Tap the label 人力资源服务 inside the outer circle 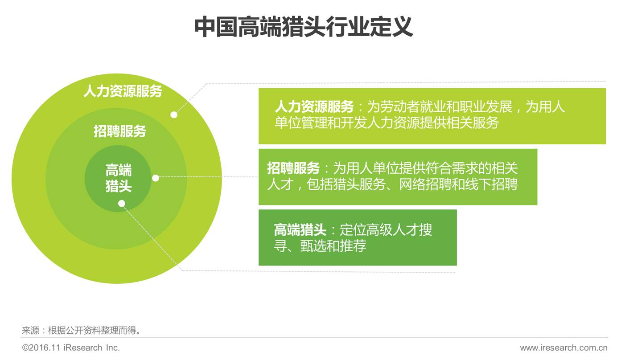pos(123,91)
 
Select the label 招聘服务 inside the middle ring pos(119,131)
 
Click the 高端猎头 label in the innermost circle pos(118,178)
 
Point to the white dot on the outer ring pos(174,115)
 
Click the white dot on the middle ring pos(155,178)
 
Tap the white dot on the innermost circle pos(121,204)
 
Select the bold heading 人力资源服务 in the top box pos(314,107)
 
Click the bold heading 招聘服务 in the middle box pos(293,168)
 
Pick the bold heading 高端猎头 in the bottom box pos(300,230)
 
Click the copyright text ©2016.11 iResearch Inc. pos(71,348)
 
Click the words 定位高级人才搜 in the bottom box pos(386,230)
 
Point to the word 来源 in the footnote pos(30,331)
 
